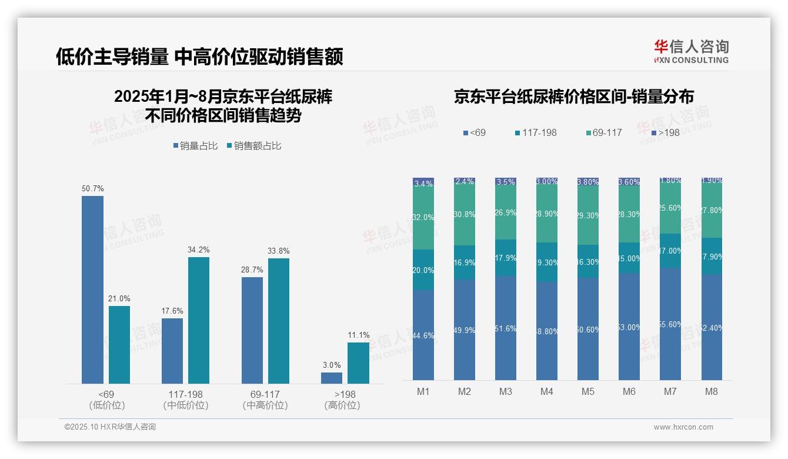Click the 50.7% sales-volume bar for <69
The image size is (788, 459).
[x=92, y=290]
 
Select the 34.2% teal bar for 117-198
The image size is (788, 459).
[x=199, y=320]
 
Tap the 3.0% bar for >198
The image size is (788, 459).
[x=332, y=378]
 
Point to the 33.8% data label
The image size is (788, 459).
[x=278, y=251]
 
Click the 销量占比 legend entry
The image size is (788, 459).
[x=196, y=146]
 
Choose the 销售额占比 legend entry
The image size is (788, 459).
[x=253, y=146]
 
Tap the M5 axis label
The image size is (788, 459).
[x=588, y=391]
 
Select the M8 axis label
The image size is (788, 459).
[x=711, y=391]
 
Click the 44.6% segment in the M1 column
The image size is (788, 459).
[x=423, y=335]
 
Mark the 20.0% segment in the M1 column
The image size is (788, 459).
[x=423, y=270]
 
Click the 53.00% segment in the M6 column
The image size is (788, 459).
[x=629, y=327]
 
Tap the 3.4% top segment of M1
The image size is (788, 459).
[x=423, y=183]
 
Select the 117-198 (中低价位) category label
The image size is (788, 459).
[x=186, y=400]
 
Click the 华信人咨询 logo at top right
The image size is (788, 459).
[x=691, y=52]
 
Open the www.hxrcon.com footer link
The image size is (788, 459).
[x=683, y=427]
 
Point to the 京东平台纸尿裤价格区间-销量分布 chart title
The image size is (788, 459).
[x=573, y=97]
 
